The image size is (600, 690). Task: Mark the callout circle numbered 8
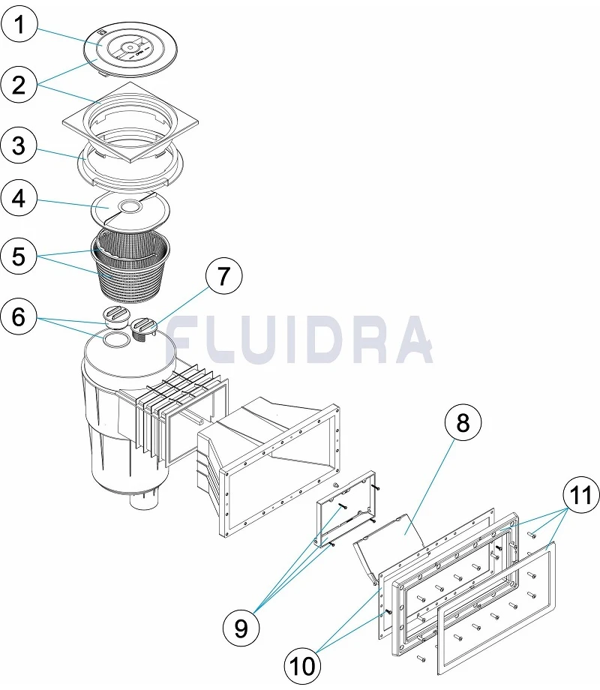pyautogui.click(x=463, y=423)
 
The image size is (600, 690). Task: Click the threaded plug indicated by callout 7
pyautogui.click(x=144, y=328)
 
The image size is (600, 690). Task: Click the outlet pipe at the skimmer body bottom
pyautogui.click(x=144, y=501)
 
